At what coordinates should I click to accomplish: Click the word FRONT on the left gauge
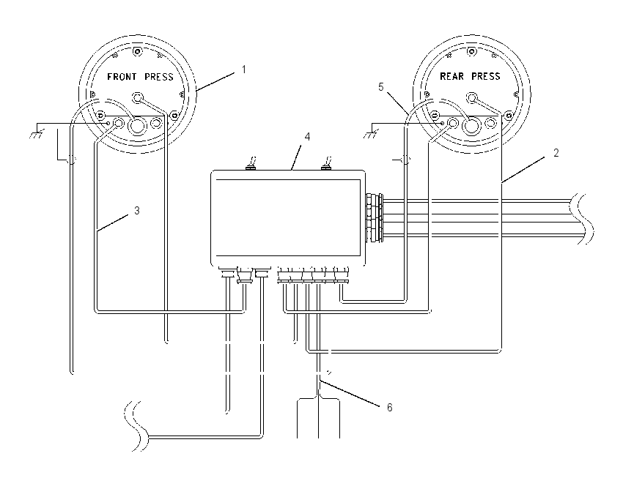point(122,77)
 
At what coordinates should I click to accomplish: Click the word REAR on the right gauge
point(451,76)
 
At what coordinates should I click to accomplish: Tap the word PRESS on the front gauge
point(159,77)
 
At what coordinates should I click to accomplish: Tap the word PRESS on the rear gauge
point(485,76)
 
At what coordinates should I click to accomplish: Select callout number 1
point(244,70)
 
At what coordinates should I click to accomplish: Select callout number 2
point(556,153)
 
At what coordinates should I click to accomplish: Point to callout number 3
point(137,211)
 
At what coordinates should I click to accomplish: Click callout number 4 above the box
point(307,137)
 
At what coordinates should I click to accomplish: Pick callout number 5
point(381,87)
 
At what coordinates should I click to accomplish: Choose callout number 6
point(389,408)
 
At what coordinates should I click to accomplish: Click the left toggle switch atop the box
point(251,163)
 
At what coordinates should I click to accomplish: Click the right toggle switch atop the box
point(326,163)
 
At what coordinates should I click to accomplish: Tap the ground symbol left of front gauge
point(37,135)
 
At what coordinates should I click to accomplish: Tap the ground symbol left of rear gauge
point(370,135)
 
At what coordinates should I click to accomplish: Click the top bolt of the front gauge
point(138,51)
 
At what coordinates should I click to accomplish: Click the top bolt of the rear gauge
point(471,51)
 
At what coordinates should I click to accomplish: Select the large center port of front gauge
point(138,126)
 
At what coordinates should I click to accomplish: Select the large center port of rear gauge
point(471,126)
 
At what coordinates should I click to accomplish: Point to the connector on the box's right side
point(375,217)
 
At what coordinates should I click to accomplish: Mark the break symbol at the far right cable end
point(582,218)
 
